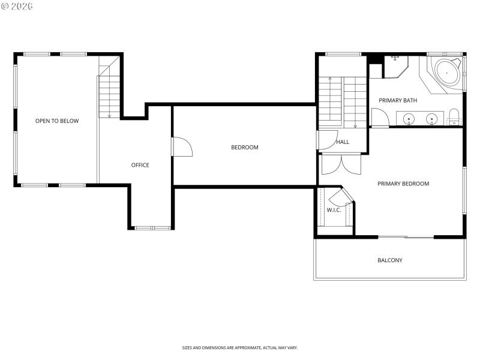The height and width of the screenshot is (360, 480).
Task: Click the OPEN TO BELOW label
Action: click(57, 121)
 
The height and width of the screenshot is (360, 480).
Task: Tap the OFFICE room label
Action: click(140, 165)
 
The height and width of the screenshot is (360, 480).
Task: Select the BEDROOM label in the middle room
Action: click(245, 148)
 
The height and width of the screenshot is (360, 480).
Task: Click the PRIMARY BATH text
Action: click(397, 100)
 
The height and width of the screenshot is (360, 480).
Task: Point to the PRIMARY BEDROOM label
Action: click(403, 184)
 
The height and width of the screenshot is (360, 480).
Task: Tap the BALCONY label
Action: click(389, 260)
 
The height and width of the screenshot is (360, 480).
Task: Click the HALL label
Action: click(343, 142)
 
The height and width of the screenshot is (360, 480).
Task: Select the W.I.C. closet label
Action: click(334, 210)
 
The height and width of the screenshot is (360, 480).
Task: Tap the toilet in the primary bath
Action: click(454, 116)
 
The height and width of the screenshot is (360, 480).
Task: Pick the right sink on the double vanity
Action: click(431, 118)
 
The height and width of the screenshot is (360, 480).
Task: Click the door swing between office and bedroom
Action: click(182, 147)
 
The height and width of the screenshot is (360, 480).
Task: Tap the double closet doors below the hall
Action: click(341, 164)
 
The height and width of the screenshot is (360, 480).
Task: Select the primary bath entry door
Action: click(379, 118)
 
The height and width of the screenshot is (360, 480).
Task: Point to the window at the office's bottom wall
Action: click(152, 228)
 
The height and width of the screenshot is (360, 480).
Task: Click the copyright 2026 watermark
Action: click(17, 6)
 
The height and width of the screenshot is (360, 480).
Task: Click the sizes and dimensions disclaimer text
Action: click(239, 347)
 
